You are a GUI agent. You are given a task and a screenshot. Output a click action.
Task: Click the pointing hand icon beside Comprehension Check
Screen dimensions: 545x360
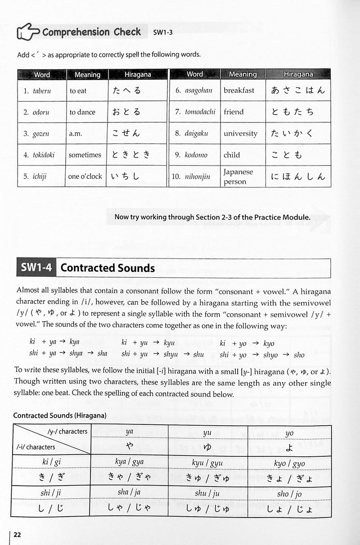tap(28, 32)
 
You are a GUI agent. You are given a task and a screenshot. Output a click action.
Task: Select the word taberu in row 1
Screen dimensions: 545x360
tap(42, 91)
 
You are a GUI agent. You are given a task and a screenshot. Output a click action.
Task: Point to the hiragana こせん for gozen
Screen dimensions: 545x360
tap(126, 133)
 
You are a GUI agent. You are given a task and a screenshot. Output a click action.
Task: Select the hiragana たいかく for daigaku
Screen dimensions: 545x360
tap(297, 133)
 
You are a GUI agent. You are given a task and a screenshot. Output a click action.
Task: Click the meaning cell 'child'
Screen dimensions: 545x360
tap(232, 155)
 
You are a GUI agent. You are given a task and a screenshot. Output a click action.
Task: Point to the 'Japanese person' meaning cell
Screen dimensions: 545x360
tap(238, 176)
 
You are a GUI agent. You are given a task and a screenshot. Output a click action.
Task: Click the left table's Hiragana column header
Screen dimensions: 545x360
tap(137, 75)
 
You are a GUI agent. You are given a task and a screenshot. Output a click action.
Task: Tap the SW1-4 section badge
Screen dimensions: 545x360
tap(36, 268)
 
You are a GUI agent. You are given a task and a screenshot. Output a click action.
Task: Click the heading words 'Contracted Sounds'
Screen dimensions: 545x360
tap(108, 268)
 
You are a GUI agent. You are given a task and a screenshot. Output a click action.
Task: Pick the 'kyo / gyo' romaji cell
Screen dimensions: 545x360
tap(289, 463)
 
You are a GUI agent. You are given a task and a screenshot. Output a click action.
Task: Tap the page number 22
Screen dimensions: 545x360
tap(17, 535)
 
